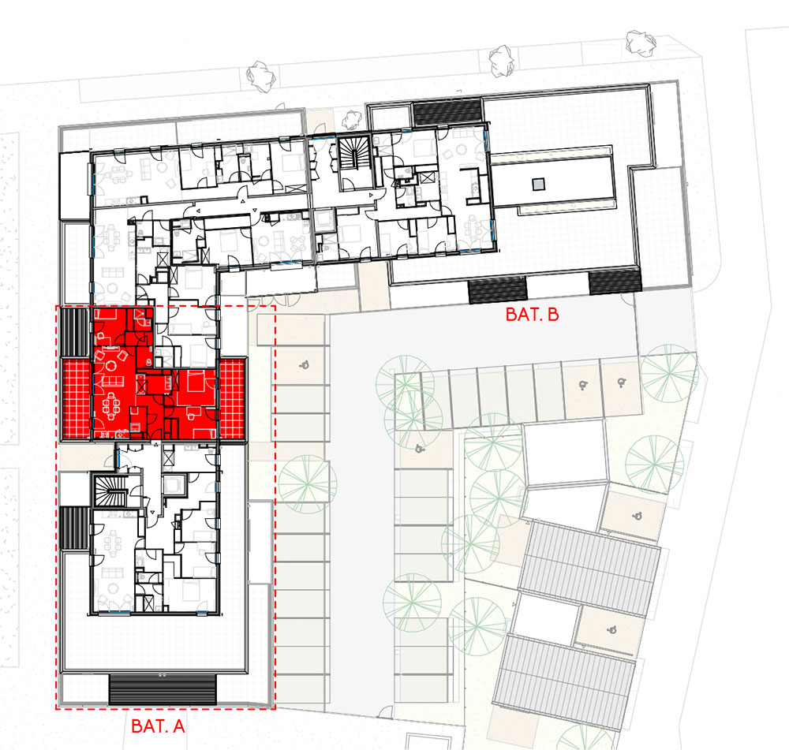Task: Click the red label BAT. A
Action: [x=158, y=726]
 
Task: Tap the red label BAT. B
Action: [x=532, y=315]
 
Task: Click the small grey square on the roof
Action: [x=538, y=185]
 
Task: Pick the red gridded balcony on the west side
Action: [x=76, y=399]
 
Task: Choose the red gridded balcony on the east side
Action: [x=231, y=399]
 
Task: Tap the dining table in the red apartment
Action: [x=112, y=405]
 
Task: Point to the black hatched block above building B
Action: [x=447, y=112]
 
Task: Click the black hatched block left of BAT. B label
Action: [x=497, y=291]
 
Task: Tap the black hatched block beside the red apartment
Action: [x=74, y=333]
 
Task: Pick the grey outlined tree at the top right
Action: [x=641, y=41]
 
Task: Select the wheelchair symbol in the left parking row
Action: [x=305, y=364]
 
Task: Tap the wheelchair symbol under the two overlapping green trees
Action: [x=419, y=449]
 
